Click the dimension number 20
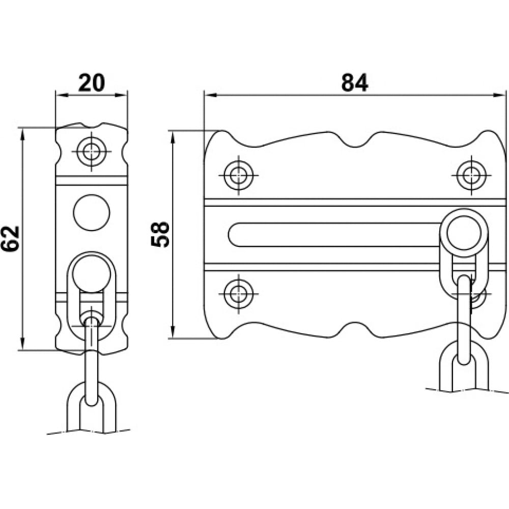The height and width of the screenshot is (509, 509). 92,82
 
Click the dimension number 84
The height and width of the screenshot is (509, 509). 354,82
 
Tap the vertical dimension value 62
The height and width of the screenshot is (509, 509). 10,239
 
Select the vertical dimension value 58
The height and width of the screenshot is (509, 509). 160,235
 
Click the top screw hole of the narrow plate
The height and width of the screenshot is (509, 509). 92,151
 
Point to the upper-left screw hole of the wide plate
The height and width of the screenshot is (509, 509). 239,175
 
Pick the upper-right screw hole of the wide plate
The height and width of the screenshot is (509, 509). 471,175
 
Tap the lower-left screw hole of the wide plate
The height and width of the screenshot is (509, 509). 239,294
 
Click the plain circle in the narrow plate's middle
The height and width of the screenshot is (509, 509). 92,213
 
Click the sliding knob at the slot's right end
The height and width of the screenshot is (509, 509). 464,233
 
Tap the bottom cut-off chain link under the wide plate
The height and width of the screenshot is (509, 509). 464,367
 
